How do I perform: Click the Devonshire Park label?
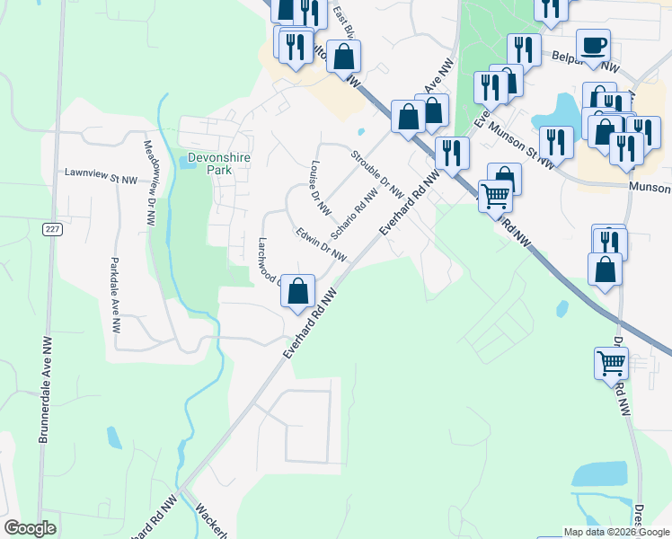point(219,163)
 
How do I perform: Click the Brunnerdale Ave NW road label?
point(43,389)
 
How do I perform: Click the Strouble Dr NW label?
point(376,171)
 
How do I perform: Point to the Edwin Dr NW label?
point(321,244)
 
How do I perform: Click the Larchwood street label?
point(270,260)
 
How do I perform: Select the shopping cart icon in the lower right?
point(611,363)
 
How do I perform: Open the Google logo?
point(30,528)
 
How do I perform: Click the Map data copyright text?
point(616,532)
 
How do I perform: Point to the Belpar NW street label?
point(596,63)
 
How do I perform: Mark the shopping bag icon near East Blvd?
point(343,57)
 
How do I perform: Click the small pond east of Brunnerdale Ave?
point(114,437)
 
